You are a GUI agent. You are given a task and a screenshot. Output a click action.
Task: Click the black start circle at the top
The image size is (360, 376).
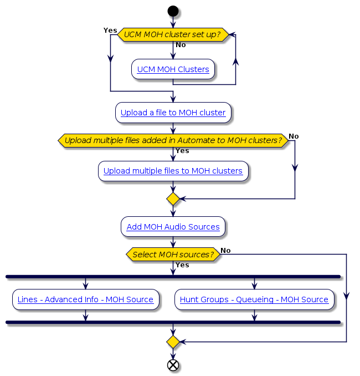(173, 11)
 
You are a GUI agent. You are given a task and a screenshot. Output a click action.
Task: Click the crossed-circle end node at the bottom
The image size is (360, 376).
(173, 365)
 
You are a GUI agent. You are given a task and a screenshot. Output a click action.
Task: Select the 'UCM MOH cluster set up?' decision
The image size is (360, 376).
(173, 34)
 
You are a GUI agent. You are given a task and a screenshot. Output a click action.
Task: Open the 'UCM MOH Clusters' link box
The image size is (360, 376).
(173, 69)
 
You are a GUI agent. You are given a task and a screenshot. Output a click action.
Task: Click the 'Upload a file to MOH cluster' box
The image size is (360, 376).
(173, 113)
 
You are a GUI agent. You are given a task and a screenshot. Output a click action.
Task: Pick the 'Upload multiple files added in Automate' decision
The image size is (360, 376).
(173, 140)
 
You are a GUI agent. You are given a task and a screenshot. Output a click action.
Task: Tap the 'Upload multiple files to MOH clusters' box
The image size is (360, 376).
(173, 171)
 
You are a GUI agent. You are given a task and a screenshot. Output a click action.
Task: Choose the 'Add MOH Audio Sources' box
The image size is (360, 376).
(173, 227)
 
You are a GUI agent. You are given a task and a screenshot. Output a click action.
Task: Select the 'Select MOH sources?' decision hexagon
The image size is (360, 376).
(173, 255)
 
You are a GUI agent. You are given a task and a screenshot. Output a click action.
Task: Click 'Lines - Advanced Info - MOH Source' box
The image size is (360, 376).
(85, 299)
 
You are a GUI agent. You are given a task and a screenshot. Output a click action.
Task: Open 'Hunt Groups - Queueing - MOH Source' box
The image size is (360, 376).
(254, 299)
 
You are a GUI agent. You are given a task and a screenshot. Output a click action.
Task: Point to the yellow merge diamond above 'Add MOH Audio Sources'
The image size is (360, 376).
(173, 199)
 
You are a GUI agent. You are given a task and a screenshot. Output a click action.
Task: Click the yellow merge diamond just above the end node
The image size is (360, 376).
(173, 342)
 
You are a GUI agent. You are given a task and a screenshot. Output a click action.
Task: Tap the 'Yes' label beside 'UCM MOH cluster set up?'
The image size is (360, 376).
(110, 29)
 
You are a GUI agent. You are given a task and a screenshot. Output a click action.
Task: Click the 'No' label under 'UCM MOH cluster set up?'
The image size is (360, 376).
(181, 45)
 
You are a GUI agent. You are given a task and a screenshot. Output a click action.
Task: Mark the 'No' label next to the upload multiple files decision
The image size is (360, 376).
(294, 136)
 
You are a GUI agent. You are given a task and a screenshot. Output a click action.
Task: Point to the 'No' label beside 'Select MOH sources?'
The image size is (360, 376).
(225, 251)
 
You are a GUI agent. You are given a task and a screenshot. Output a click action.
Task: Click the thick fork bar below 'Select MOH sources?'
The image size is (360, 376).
(173, 276)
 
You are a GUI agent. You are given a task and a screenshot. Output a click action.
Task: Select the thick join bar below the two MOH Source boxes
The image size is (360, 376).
(173, 322)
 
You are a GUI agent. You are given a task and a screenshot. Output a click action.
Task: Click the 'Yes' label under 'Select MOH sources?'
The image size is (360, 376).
(182, 265)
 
